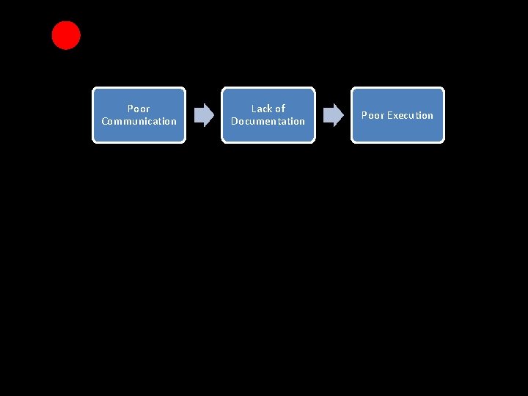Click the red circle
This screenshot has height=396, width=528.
point(66,35)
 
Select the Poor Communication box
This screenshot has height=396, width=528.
point(139,115)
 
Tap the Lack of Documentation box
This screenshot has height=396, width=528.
point(268,115)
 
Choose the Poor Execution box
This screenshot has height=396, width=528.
point(397,115)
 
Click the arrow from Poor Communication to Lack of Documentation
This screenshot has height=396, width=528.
point(203,115)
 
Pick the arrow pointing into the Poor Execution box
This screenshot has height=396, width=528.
point(333,115)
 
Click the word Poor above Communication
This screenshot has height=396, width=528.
point(139,109)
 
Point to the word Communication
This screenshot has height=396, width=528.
point(139,122)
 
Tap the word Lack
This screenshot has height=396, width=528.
point(262,109)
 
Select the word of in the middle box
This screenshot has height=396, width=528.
point(279,109)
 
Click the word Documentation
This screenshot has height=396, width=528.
point(268,122)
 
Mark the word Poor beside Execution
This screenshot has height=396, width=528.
point(373,115)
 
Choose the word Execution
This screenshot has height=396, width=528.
point(410,115)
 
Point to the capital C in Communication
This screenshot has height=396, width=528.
point(105,122)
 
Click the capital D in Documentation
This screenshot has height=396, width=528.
point(235,122)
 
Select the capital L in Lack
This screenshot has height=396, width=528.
point(254,109)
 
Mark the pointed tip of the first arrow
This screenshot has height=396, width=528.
point(213,115)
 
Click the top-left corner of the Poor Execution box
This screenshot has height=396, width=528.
point(353,89)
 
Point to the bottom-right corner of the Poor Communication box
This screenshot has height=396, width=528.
point(184,141)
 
